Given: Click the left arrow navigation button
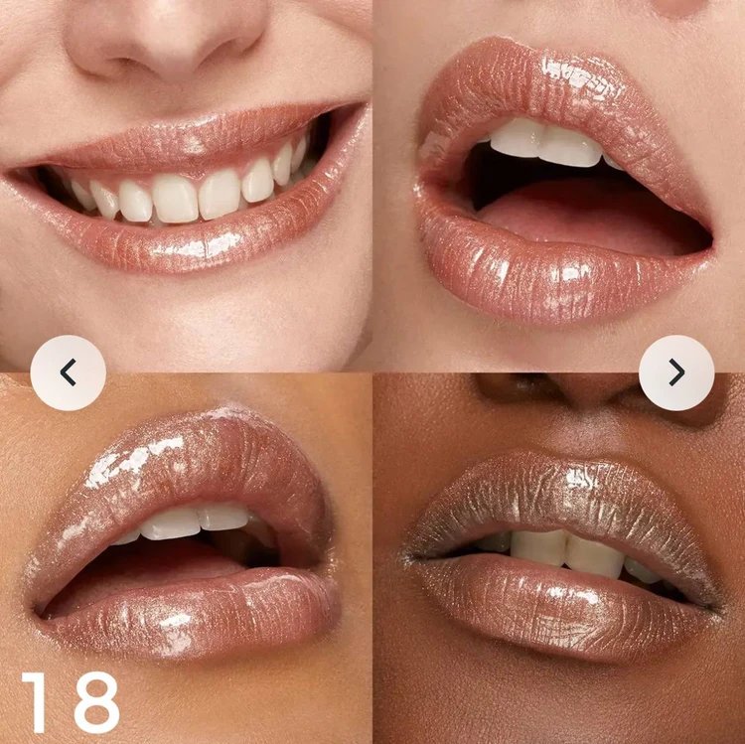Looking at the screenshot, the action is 68,372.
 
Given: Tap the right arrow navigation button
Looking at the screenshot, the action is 676,372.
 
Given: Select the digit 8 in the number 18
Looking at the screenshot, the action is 96,702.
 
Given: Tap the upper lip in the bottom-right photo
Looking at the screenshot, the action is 560,499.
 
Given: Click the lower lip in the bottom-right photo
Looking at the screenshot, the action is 560,608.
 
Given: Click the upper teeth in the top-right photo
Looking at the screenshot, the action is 546,142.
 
